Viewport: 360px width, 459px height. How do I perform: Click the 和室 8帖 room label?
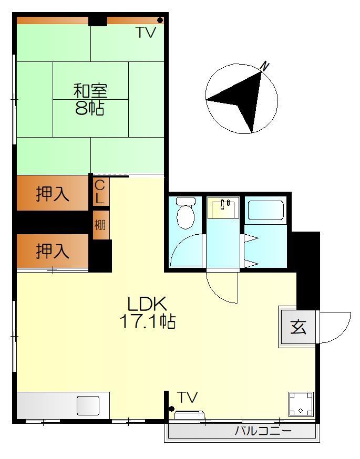pyautogui.click(x=90, y=99)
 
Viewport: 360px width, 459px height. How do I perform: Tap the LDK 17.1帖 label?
pyautogui.click(x=147, y=312)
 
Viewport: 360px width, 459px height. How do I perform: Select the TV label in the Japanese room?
pyautogui.click(x=146, y=33)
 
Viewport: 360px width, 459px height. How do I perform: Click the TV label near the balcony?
pyautogui.click(x=187, y=398)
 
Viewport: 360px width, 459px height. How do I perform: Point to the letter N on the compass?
pyautogui.click(x=265, y=66)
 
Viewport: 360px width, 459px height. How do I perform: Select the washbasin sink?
pyautogui.click(x=223, y=208)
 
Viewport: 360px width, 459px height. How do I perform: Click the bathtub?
pyautogui.click(x=266, y=210)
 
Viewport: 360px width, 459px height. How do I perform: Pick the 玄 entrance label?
pyautogui.click(x=298, y=327)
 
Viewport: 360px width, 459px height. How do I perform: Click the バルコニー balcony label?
pyautogui.click(x=263, y=432)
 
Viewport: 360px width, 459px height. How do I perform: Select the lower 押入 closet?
pyautogui.click(x=53, y=252)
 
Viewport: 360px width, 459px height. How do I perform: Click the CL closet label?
pyautogui.click(x=100, y=192)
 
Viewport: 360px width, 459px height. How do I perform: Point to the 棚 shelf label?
pyautogui.click(x=100, y=225)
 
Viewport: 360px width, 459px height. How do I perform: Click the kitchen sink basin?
pyautogui.click(x=88, y=406)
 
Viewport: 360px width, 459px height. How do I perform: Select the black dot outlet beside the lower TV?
pyautogui.click(x=171, y=409)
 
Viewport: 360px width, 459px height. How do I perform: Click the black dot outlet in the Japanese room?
pyautogui.click(x=160, y=20)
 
